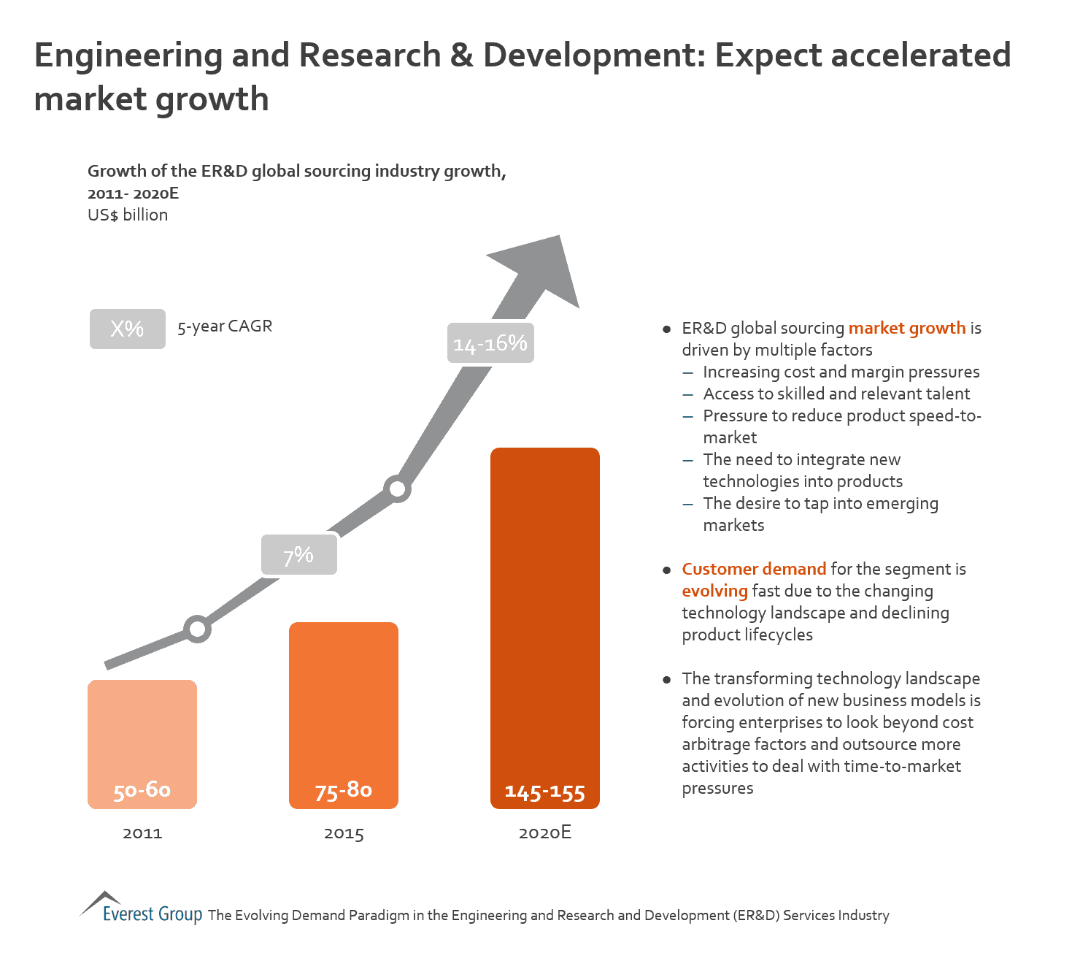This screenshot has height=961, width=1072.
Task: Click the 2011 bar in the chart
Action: pyautogui.click(x=142, y=730)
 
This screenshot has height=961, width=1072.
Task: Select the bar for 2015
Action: pyautogui.click(x=344, y=701)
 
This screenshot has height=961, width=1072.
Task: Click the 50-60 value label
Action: pyautogui.click(x=142, y=790)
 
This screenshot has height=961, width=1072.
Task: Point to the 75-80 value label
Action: pyautogui.click(x=344, y=790)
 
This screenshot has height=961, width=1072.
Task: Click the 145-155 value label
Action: pyautogui.click(x=545, y=792)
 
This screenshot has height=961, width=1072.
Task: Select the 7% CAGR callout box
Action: pyautogui.click(x=299, y=555)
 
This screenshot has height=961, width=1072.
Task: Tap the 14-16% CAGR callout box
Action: pyautogui.click(x=490, y=343)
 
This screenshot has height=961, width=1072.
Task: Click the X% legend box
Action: pyautogui.click(x=128, y=329)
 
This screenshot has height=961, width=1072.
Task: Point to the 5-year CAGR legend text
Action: pyautogui.click(x=225, y=326)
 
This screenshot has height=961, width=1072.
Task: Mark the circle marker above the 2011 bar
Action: pyautogui.click(x=198, y=629)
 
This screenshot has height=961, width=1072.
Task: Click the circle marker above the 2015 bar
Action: pyautogui.click(x=398, y=489)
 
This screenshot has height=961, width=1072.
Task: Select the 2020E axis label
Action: pyautogui.click(x=545, y=833)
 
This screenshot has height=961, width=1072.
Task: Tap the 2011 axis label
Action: pyautogui.click(x=142, y=833)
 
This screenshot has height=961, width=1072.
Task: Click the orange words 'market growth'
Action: pyautogui.click(x=907, y=329)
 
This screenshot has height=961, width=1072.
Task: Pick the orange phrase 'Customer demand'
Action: pyautogui.click(x=754, y=569)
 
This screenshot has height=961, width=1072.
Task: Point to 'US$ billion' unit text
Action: pyautogui.click(x=128, y=215)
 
